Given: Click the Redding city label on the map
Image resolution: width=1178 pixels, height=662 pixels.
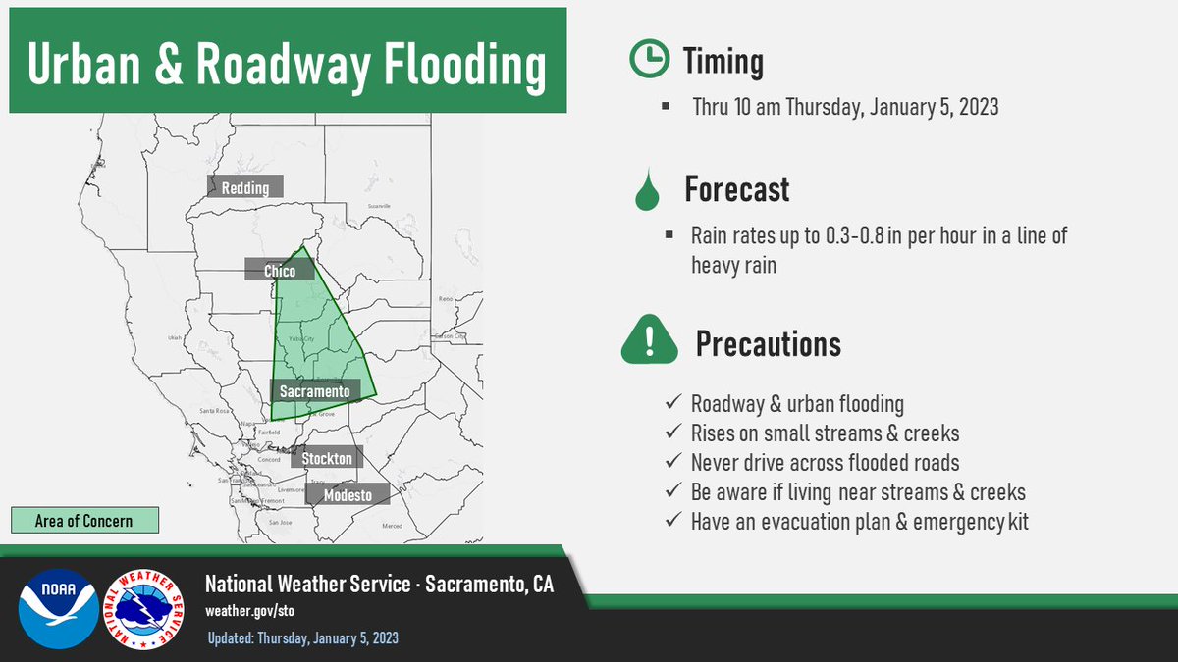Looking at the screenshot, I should pyautogui.click(x=244, y=187).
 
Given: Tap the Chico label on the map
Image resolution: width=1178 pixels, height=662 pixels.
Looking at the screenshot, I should pyautogui.click(x=279, y=271).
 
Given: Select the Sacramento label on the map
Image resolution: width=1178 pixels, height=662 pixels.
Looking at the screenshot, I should pyautogui.click(x=313, y=391).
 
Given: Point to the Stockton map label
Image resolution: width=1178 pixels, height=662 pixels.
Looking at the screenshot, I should pyautogui.click(x=327, y=458).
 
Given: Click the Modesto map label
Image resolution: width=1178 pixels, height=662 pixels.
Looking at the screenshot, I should pyautogui.click(x=348, y=495).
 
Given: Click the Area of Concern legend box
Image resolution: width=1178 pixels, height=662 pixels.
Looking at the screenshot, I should pyautogui.click(x=84, y=520).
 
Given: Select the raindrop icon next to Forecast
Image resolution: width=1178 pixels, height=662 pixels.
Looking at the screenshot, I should pyautogui.click(x=646, y=191).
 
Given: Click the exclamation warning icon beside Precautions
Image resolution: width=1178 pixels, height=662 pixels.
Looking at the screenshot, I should pyautogui.click(x=649, y=341).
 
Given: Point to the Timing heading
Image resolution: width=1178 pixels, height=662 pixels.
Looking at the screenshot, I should pyautogui.click(x=723, y=63).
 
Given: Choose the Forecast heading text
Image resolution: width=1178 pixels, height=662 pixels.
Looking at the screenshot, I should pyautogui.click(x=736, y=189).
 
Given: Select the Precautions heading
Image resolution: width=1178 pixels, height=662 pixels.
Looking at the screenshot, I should pyautogui.click(x=768, y=343).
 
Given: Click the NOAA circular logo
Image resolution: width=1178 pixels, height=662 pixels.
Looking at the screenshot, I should pyautogui.click(x=58, y=608).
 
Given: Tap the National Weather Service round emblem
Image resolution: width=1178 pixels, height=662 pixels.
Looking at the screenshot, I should pyautogui.click(x=148, y=608).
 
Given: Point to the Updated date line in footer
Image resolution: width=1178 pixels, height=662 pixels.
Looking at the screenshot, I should pyautogui.click(x=303, y=638).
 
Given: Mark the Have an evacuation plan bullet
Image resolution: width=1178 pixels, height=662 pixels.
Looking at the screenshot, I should pyautogui.click(x=859, y=522).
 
